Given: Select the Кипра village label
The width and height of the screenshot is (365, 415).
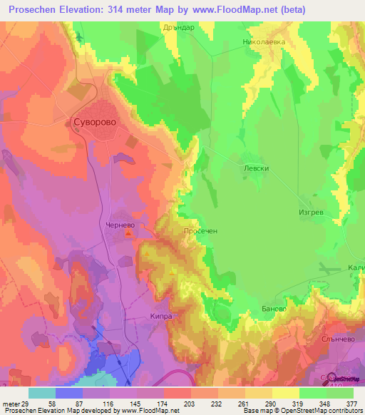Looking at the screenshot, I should point(162,313).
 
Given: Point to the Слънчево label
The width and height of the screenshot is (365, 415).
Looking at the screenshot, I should point(338,340).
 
